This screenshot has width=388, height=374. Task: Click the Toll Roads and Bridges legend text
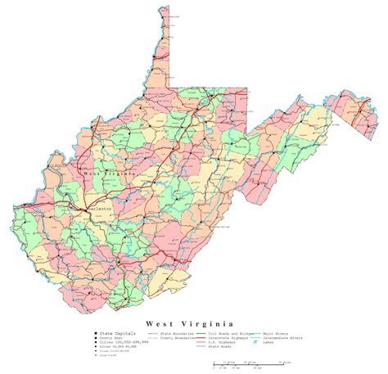click(230, 312)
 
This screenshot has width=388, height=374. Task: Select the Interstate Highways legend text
click(229, 317)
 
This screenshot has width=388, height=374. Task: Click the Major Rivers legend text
click(283, 312)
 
